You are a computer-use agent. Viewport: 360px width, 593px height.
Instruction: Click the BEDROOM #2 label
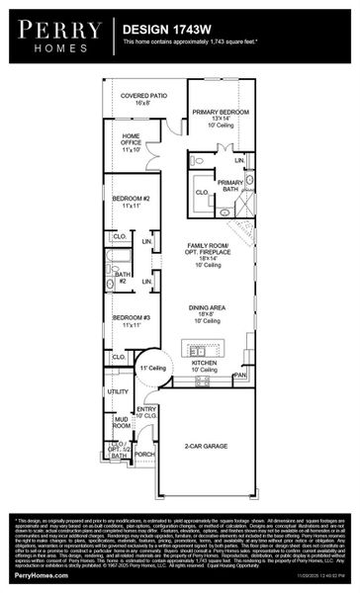coord(130,203)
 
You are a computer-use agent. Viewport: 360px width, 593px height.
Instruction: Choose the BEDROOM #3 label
coord(130,320)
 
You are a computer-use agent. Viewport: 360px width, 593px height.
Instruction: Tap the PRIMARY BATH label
coord(230,187)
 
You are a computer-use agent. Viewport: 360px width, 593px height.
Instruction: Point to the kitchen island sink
coord(194,347)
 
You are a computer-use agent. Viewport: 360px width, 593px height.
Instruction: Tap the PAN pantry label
coord(239,376)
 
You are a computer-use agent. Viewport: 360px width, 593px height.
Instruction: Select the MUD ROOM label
coord(122,423)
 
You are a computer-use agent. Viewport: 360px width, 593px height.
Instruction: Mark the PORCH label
coord(144,455)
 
